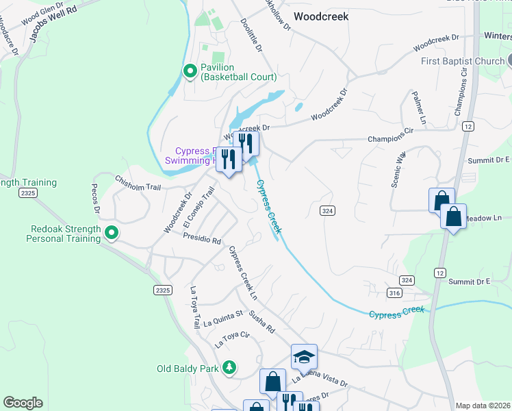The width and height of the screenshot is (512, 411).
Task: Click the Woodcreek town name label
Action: point(321,15)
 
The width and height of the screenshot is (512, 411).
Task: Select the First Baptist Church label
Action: point(461,62)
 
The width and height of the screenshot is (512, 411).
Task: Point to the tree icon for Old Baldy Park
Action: point(230,369)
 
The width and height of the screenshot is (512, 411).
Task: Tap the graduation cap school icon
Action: point(304,357)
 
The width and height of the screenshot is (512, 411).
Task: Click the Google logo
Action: point(23,403)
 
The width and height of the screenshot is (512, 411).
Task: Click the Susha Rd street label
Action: point(261,321)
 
